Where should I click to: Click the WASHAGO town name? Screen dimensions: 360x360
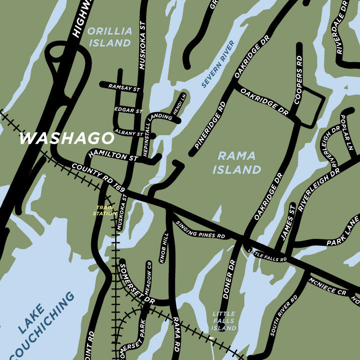pyautogui.click(x=67, y=138)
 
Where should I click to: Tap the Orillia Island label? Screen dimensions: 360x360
pyautogui.click(x=110, y=37)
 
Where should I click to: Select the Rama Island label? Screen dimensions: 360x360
pyautogui.click(x=237, y=163)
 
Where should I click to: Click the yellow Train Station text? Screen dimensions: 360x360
pyautogui.click(x=104, y=210)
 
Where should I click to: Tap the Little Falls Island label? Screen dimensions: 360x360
pyautogui.click(x=223, y=321)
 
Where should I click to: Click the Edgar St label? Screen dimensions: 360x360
pyautogui.click(x=129, y=109)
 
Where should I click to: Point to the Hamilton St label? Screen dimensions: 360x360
pyautogui.click(x=113, y=156)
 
